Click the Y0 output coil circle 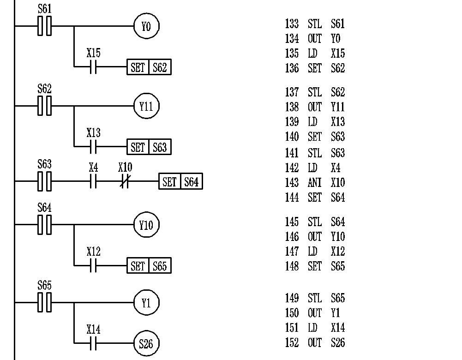pos(146,26)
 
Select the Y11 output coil pos(146,106)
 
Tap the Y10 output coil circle pos(146,225)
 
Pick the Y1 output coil pos(146,303)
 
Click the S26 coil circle pos(146,343)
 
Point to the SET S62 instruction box pos(149,68)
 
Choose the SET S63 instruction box pos(149,147)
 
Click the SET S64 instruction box pos(180,182)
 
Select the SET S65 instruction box pos(149,266)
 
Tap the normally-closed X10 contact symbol pos(125,182)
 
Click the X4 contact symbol pos(93,182)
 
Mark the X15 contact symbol pos(93,68)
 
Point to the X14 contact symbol pos(93,343)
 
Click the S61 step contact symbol pos(44,26)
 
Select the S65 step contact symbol pos(44,303)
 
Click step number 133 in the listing pos(292,24)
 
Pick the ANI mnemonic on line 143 pos(314,183)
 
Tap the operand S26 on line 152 pos(338,343)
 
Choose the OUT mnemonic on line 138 pos(314,107)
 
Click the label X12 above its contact pos(93,252)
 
